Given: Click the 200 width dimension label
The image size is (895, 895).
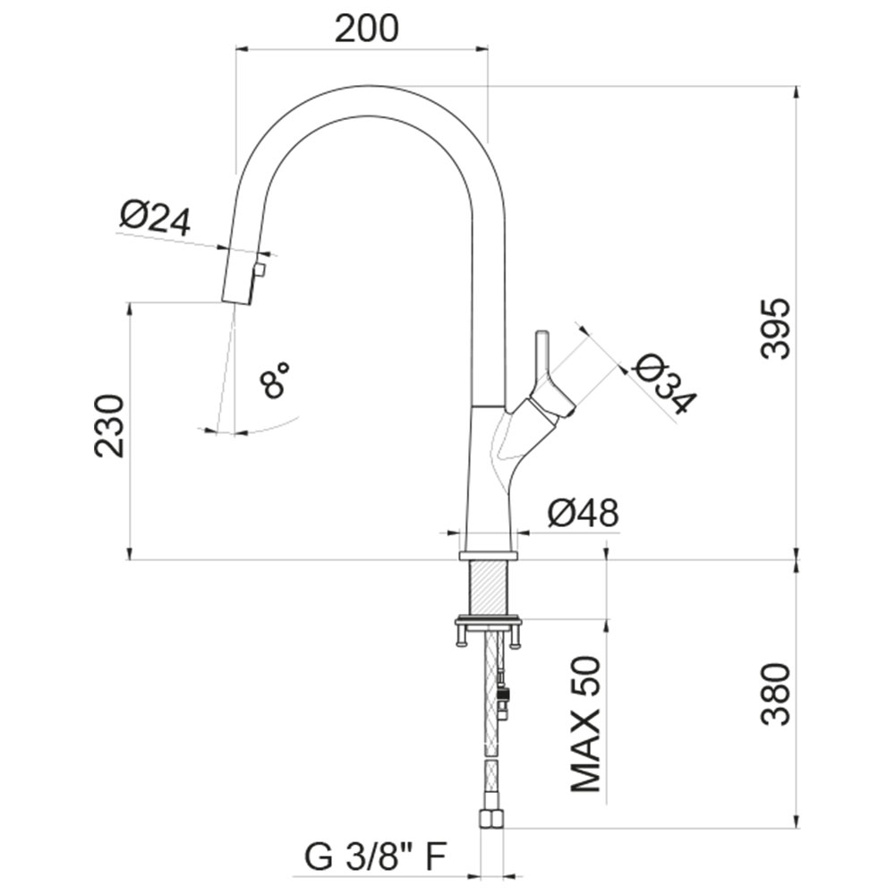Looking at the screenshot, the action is pos(366,29).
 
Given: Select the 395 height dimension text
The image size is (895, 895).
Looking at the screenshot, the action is pos(776,328).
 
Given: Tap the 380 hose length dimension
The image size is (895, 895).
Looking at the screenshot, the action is pos(776,695).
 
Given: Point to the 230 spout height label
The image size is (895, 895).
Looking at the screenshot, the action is pos(109,426).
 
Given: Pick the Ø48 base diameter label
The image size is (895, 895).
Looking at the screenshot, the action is pos(584,513).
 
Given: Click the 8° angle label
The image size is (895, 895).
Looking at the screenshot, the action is pos(275,379).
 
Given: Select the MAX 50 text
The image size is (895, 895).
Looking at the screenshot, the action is pos(585,725).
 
